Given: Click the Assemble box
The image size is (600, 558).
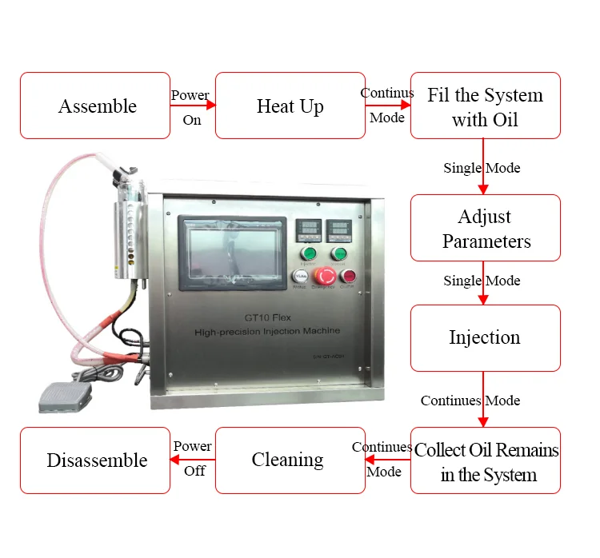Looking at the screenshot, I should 95,106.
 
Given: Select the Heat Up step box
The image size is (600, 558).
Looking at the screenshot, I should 290,106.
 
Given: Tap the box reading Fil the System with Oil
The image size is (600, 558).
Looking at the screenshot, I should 486,106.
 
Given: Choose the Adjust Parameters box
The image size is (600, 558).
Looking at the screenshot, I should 486,228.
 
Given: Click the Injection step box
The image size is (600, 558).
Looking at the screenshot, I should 486,337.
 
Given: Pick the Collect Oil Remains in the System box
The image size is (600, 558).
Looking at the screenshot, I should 486,460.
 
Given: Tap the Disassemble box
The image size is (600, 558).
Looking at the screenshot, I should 95,460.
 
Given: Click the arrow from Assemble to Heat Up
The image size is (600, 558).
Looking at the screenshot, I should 193,106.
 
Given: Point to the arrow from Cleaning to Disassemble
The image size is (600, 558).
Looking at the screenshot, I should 193,460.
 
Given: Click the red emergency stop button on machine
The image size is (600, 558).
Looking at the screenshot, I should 325,277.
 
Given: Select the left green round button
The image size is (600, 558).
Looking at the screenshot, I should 308,255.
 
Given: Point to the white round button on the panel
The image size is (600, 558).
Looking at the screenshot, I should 299,277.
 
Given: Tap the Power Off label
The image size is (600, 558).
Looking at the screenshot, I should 193,458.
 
